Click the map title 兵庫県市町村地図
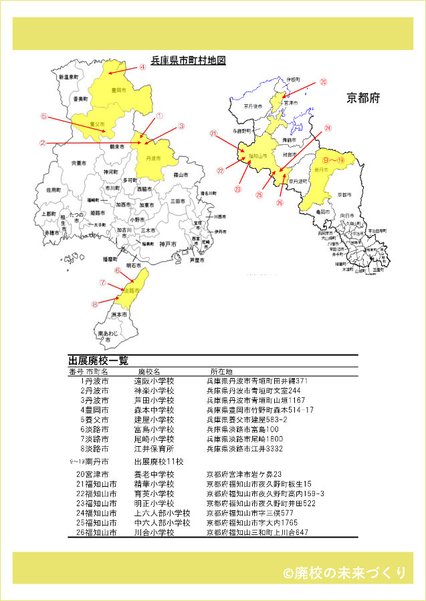point(188,60)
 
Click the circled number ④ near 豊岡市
point(142,67)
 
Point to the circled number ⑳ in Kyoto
point(323,82)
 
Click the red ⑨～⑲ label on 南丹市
point(333,160)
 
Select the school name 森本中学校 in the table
point(154,409)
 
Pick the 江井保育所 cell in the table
point(154,449)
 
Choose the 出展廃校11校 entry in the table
point(159,461)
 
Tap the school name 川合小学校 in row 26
point(154,532)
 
